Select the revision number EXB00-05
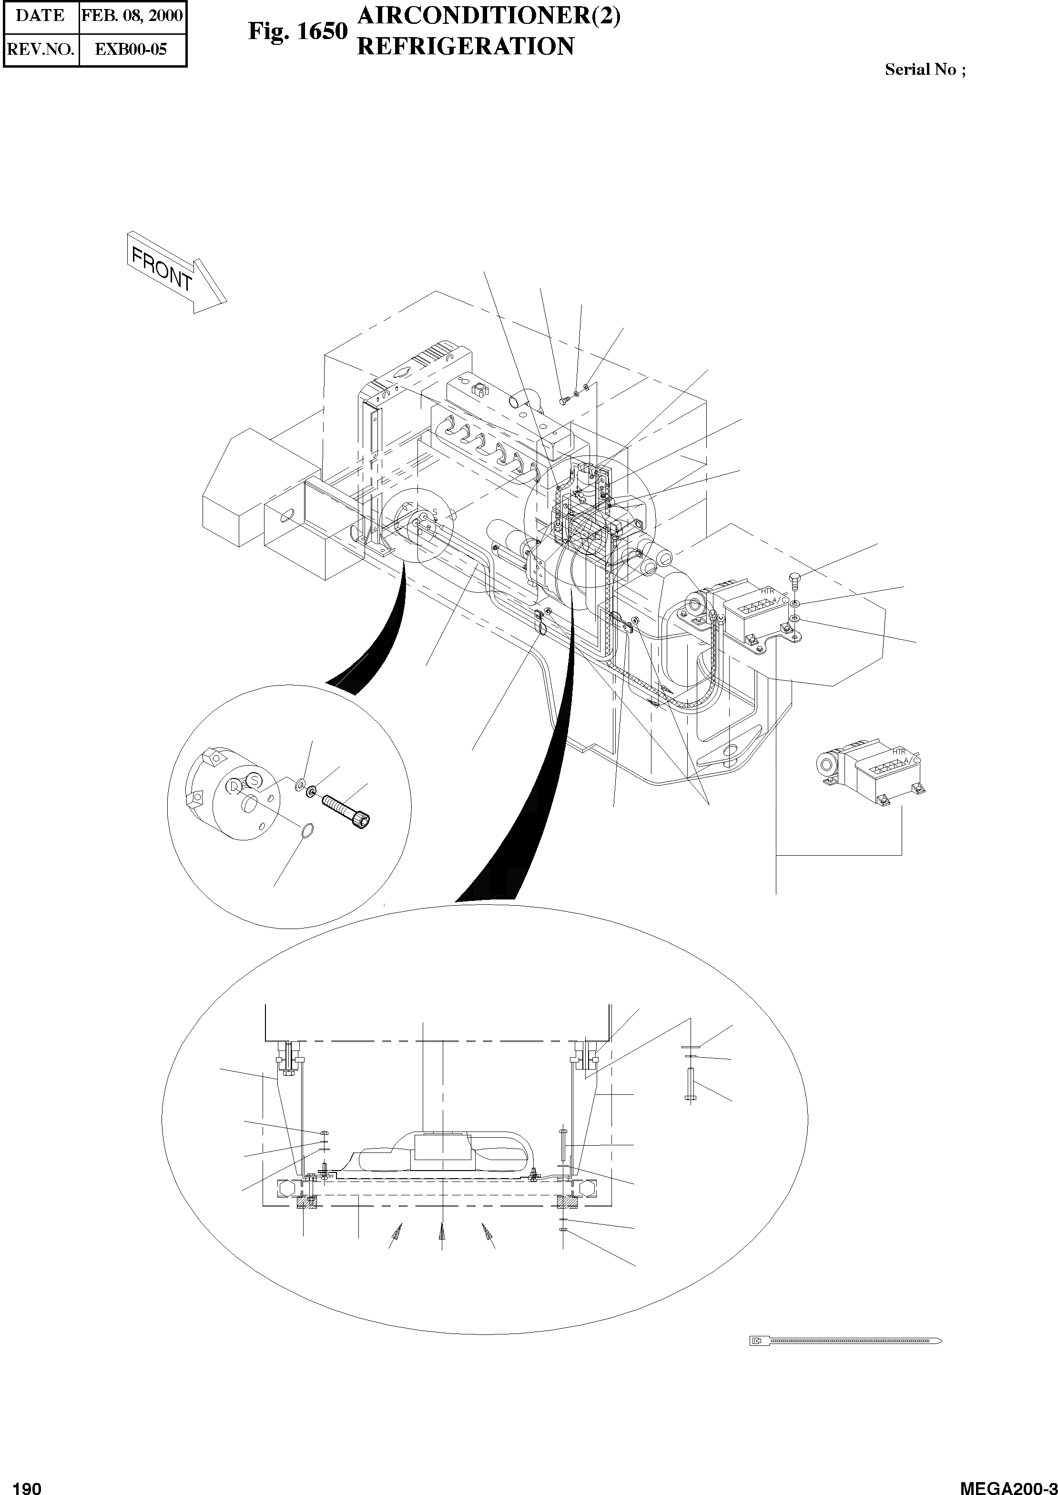[131, 49]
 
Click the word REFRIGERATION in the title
[466, 46]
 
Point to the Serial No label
[925, 70]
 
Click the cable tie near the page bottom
[845, 1341]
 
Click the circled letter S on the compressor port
[255, 779]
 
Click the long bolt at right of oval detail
[689, 1084]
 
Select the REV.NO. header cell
[41, 49]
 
